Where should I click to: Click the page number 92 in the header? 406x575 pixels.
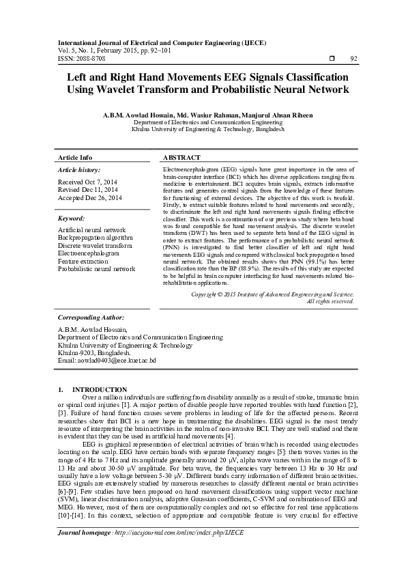coord(353,59)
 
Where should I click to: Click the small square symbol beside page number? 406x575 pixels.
coord(331,59)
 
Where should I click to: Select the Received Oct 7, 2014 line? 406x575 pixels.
coord(87,182)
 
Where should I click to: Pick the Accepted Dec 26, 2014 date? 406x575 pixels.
coord(90,198)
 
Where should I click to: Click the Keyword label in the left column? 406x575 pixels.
coord(71,219)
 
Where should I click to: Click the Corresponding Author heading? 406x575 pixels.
coord(91,318)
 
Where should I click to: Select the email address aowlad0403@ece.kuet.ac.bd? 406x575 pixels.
coord(107,360)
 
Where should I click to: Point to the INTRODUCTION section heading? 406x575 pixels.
coord(99,389)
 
